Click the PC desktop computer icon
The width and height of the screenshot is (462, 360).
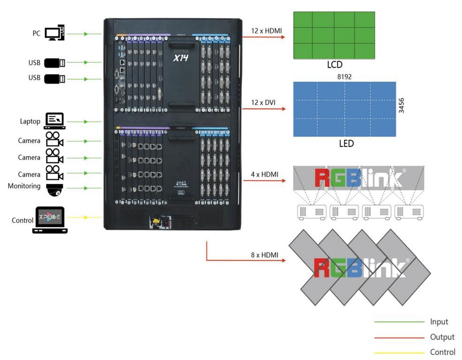coord(54,33)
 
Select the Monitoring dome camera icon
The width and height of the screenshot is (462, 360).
coord(55,189)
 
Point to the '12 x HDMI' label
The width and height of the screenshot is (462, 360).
coord(267,31)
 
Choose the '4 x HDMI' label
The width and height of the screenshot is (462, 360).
coord(265,174)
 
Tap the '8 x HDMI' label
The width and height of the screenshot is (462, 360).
coord(265,255)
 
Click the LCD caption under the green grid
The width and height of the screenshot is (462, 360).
coord(334,65)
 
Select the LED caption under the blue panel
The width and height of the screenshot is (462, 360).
coord(346,143)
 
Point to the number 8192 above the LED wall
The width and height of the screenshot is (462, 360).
coord(344,76)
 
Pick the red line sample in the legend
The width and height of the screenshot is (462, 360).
coord(399,337)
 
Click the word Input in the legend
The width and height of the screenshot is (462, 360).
coord(439,322)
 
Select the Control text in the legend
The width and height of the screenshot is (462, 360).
coord(442,352)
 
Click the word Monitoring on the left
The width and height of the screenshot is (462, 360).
coord(24,186)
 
